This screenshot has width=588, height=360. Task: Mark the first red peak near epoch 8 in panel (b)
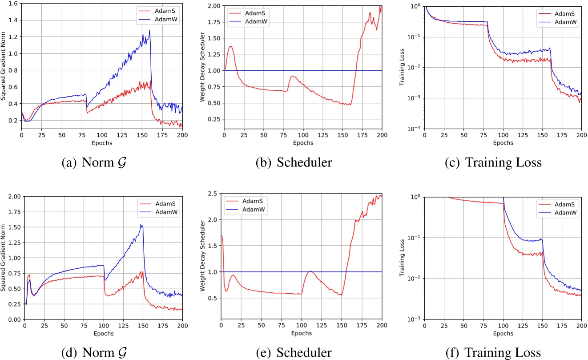230,46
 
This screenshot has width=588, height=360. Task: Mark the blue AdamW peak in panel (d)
141,225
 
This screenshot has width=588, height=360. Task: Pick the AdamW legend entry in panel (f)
566,213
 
